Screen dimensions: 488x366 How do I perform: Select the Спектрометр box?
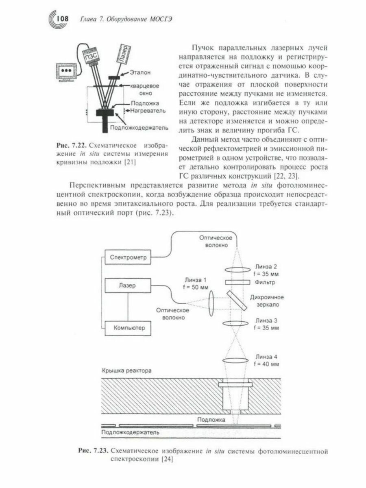tap(128, 257)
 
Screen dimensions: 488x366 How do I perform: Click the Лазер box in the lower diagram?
tap(128, 285)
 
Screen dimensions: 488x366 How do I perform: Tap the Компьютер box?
tap(128, 328)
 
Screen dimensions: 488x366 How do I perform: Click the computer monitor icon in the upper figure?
tap(66, 72)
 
